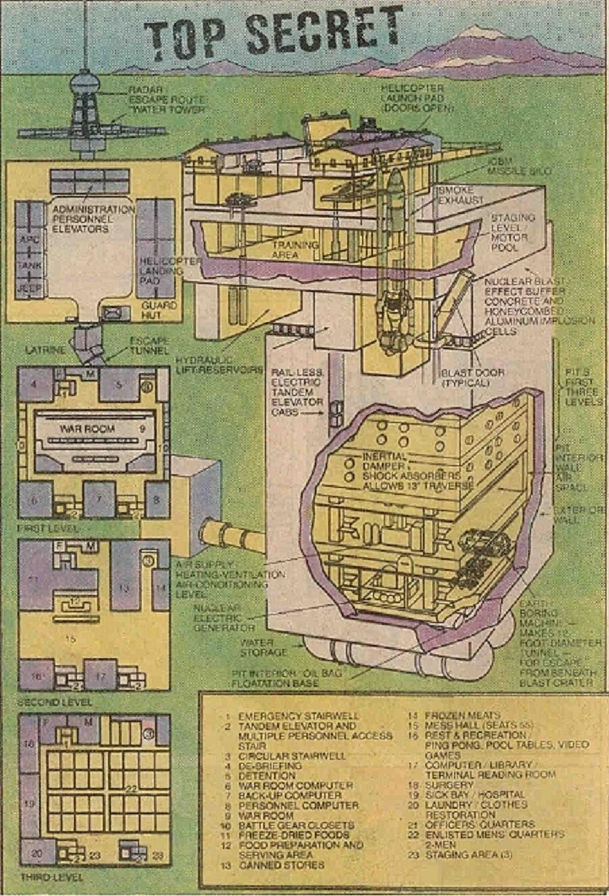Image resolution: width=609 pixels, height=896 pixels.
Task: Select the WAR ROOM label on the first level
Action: tap(87, 429)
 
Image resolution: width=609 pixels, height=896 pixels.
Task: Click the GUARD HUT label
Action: tap(159, 310)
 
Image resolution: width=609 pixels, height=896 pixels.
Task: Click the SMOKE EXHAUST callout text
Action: tap(461, 195)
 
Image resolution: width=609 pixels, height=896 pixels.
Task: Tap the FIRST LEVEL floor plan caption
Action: tap(48, 528)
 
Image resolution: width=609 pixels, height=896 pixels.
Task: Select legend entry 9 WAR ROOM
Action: tap(265, 815)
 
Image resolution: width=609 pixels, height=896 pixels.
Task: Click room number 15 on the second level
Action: tap(71, 639)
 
